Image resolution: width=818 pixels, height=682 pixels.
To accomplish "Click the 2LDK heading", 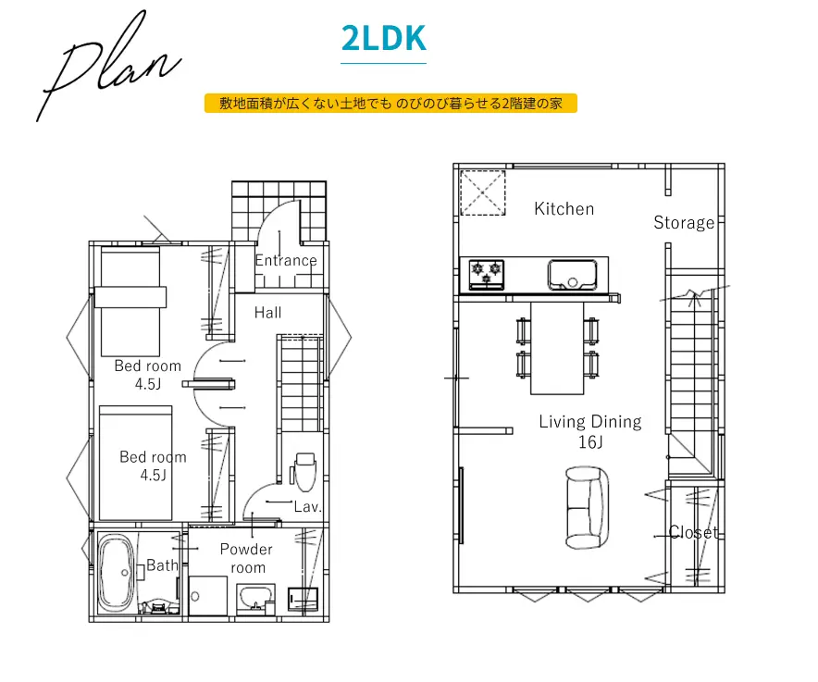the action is point(383,38).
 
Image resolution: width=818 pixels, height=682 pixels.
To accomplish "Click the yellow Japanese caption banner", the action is point(390,104).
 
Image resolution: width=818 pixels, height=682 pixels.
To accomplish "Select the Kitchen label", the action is point(564,209).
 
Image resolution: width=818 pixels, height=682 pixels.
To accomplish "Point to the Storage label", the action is point(684,223).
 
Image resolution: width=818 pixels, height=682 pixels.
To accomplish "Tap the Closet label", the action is point(693,532).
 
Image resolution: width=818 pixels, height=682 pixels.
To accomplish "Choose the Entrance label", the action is point(286,260).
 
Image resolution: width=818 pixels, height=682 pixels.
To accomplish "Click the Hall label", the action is point(267,313).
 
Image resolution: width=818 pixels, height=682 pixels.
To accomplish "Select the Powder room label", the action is point(246,558).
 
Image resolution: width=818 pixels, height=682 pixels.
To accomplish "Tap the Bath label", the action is point(162,565).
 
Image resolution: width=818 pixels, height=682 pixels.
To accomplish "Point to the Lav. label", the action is point(307,507).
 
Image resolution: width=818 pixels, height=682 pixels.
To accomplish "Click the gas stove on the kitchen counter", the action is point(486,275).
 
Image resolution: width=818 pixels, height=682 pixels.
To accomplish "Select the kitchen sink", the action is point(572,275).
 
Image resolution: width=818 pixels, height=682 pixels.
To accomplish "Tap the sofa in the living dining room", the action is point(588,508).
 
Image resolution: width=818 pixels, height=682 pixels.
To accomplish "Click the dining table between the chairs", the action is point(557,348).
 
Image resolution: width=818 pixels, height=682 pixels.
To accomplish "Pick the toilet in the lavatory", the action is point(304,472).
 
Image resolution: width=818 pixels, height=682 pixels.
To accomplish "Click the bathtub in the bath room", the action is point(117,573).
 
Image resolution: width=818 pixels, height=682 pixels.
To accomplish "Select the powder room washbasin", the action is point(255,599).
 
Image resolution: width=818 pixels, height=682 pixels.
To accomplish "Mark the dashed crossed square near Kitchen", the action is point(482,192).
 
